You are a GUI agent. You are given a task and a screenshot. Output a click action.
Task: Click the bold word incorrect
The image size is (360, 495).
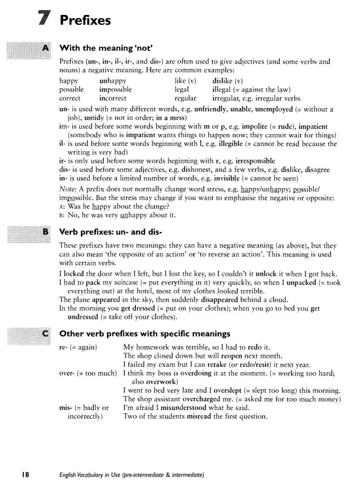(113, 98)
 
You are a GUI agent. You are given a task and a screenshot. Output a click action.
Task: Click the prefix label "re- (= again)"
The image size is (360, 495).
(78, 347)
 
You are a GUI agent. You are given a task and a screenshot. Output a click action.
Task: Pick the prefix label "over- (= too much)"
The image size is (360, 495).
(88, 373)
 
